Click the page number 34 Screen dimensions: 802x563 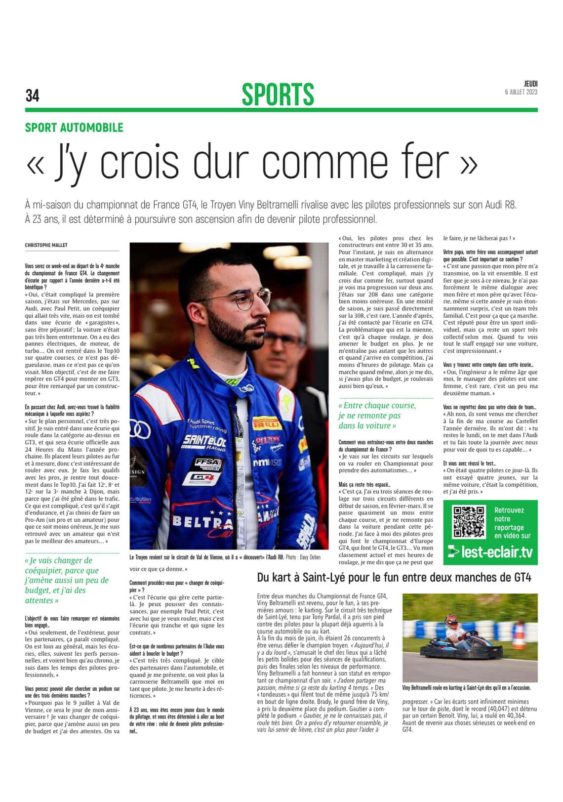[32, 95]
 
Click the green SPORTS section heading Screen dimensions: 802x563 [278, 94]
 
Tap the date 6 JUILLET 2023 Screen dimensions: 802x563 [521, 92]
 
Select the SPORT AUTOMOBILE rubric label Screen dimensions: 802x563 [74, 127]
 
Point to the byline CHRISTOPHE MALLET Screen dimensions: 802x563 [46, 245]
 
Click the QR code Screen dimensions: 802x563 [469, 521]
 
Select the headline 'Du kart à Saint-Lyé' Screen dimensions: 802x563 [394, 577]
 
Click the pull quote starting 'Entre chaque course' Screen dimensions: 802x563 [377, 415]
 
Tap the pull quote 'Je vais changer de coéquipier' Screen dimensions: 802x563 [67, 580]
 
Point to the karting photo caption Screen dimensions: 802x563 [466, 687]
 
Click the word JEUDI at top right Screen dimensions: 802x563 [530, 84]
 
